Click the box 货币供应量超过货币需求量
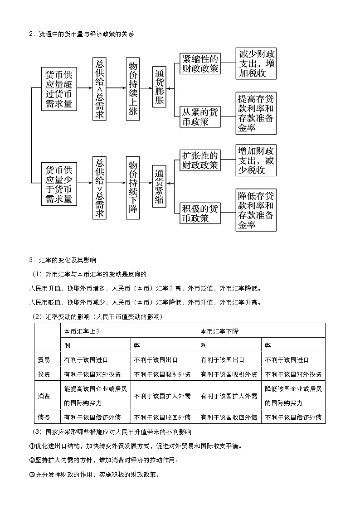59,89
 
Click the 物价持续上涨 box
133,89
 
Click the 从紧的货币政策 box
199,117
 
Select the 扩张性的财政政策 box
199,160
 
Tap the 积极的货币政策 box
199,213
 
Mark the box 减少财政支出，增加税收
256,63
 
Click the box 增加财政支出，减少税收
256,160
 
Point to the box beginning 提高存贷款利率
256,113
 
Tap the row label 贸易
44,360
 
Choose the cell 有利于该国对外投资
92,374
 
